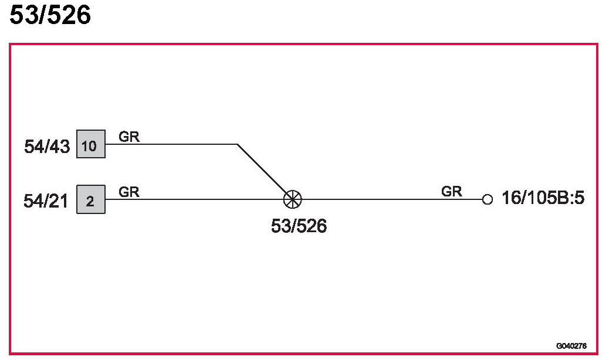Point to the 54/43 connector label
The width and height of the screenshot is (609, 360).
pyautogui.click(x=46, y=146)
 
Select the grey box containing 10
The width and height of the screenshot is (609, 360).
pyautogui.click(x=90, y=144)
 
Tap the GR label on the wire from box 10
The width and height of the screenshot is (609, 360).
pyautogui.click(x=129, y=137)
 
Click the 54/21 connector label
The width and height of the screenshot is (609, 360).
pyautogui.click(x=46, y=202)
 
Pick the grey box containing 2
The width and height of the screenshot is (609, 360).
pyautogui.click(x=90, y=200)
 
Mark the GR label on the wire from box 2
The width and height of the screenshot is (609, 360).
pyautogui.click(x=129, y=192)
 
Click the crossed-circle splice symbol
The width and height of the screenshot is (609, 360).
pyautogui.click(x=292, y=199)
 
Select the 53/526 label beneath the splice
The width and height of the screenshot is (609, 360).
pyautogui.click(x=299, y=226)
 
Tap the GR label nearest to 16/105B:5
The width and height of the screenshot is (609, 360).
pyautogui.click(x=451, y=191)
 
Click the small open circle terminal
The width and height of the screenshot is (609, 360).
pyautogui.click(x=487, y=199)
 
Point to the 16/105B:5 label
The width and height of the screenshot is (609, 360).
pyautogui.click(x=543, y=199)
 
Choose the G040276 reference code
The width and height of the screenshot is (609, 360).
pyautogui.click(x=571, y=346)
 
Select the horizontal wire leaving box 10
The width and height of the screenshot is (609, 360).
pyautogui.click(x=170, y=144)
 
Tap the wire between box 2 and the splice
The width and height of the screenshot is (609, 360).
pyautogui.click(x=194, y=199)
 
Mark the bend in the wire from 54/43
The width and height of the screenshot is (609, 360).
pyautogui.click(x=237, y=144)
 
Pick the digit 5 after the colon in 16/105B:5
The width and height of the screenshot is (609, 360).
pyautogui.click(x=579, y=199)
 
